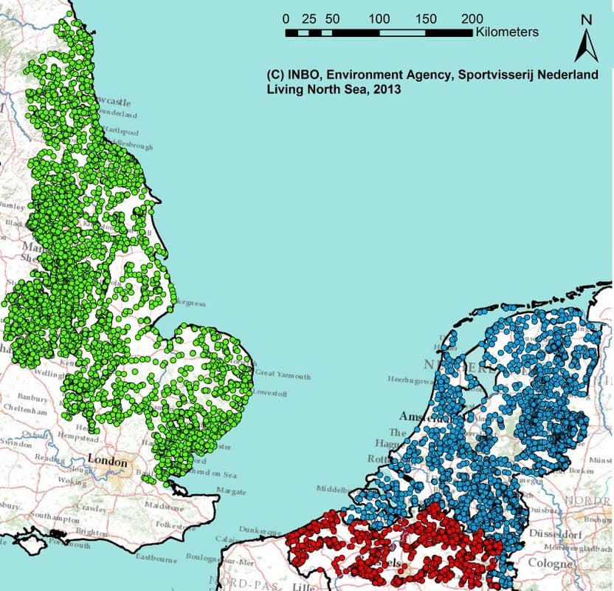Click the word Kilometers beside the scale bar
point(507,33)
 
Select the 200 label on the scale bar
point(472,18)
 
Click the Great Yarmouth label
point(283,374)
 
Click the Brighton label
point(93,532)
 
